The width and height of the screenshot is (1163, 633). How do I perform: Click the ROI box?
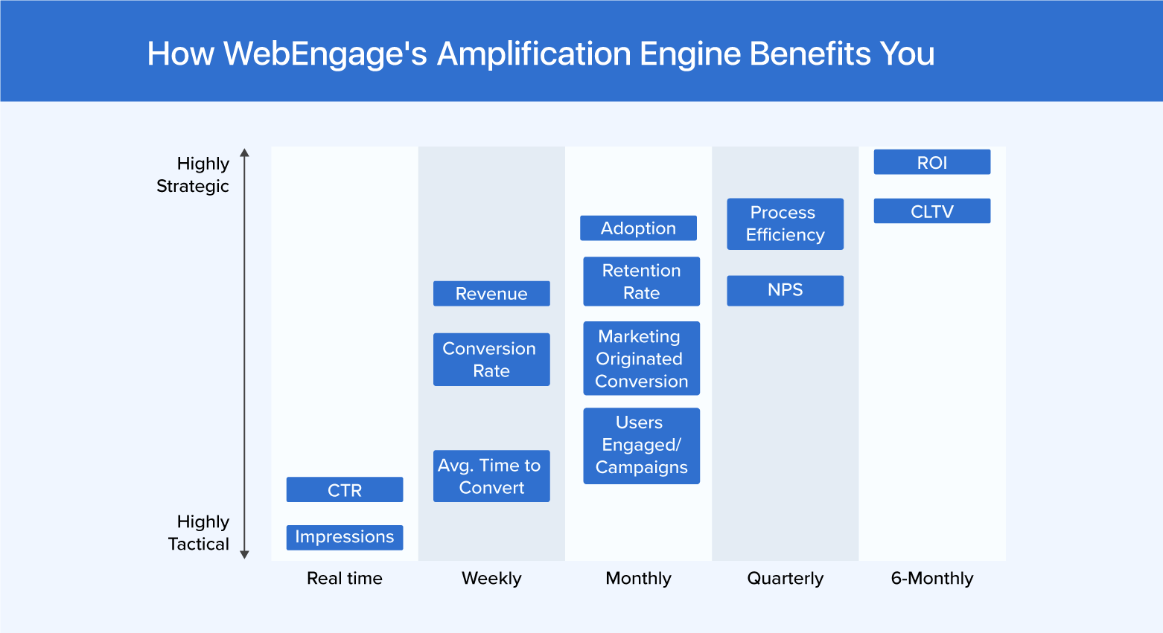[931, 162]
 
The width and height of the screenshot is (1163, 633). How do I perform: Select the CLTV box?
[931, 211]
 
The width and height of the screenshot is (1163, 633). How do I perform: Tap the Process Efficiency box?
[785, 224]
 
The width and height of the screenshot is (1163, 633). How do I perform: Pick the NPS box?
[785, 290]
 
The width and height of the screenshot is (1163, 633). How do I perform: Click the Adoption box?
[638, 228]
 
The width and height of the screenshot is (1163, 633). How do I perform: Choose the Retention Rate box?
[641, 281]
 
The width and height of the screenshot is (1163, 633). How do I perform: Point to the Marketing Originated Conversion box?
[641, 359]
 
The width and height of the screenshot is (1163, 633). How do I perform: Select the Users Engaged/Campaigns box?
[641, 446]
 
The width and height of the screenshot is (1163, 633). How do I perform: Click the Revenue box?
[491, 294]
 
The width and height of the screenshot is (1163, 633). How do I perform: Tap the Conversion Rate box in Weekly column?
[491, 359]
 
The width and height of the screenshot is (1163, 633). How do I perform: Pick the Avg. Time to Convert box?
[491, 476]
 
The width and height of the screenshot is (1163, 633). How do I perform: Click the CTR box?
[345, 490]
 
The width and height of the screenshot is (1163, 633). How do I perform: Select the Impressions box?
[345, 537]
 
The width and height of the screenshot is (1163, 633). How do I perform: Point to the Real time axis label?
[345, 579]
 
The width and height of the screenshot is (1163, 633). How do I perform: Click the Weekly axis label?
[491, 579]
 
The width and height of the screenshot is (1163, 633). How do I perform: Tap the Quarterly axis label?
[785, 579]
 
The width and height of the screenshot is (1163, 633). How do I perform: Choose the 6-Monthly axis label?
[931, 579]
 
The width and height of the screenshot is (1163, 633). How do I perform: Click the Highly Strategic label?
[194, 175]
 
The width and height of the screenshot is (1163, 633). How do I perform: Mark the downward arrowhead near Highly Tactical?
[244, 554]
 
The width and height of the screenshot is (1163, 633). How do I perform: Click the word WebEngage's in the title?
[325, 54]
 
